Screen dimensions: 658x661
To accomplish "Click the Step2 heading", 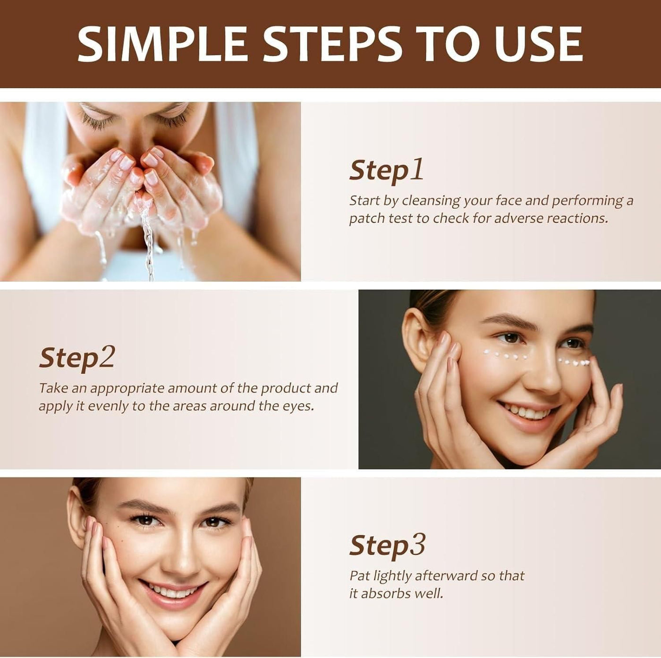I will point(77,358).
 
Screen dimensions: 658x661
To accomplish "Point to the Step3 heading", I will point(387,545).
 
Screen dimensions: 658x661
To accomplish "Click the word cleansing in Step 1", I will point(431,201).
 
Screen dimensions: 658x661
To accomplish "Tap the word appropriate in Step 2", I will point(127,388).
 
